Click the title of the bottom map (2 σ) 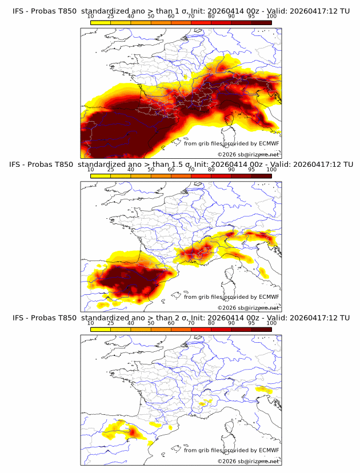tap(181, 318)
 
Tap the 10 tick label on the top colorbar tap(90, 17)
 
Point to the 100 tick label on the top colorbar tap(271, 17)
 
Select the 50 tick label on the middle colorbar tap(151, 170)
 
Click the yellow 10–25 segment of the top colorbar tap(101, 23)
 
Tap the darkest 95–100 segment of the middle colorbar tap(261, 176)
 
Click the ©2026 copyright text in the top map tap(248, 154)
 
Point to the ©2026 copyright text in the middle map tap(248, 307)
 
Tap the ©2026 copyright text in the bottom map tap(248, 461)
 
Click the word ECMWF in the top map tap(269, 143)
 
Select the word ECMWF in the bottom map tap(269, 450)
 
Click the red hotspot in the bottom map tap(133, 433)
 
